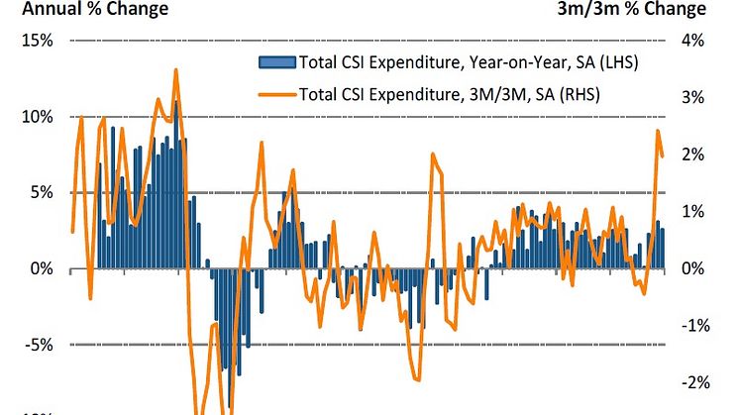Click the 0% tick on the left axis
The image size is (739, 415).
click(x=42, y=269)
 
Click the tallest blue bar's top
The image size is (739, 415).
click(x=176, y=101)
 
